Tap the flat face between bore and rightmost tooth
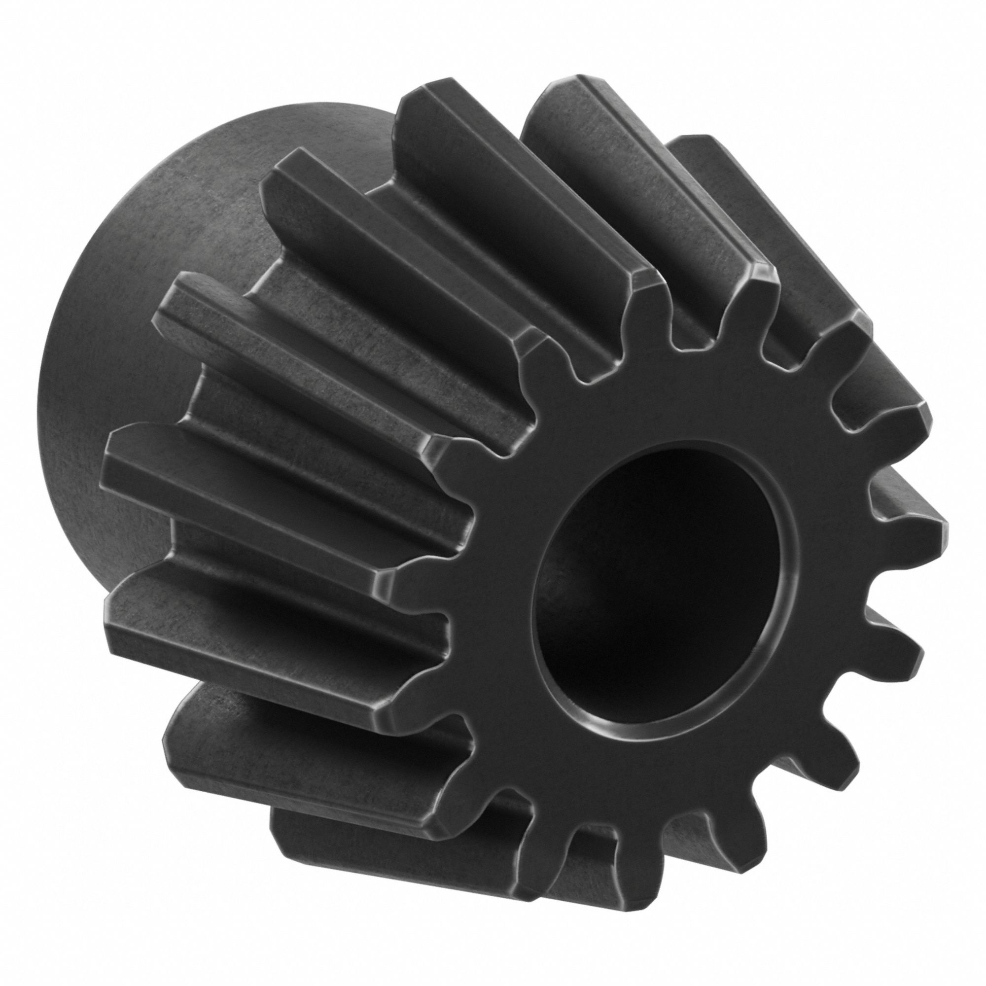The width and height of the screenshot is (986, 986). click(x=837, y=551)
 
